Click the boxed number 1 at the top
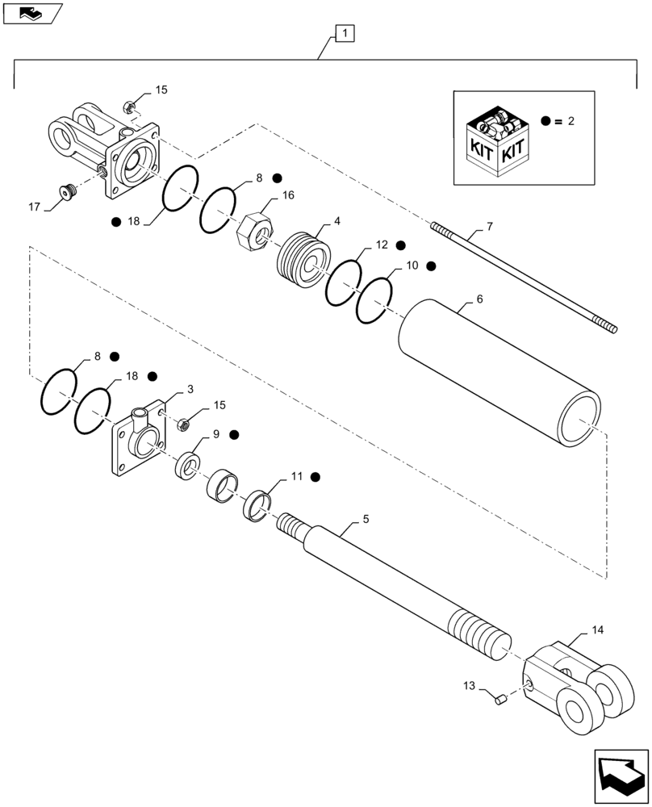click(345, 34)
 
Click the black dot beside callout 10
click(431, 266)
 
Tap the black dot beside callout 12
click(400, 245)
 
